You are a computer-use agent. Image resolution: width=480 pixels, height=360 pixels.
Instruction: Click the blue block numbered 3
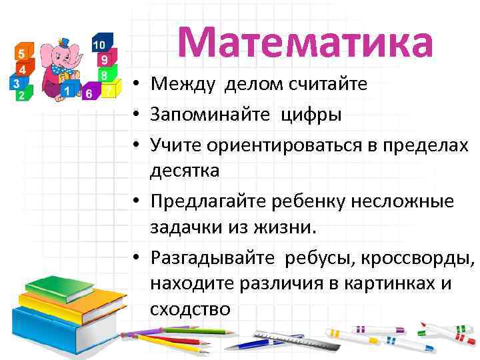(16, 84)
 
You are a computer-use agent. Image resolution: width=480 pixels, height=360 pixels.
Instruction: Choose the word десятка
(185, 171)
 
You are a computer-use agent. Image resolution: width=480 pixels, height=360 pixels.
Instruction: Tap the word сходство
(190, 309)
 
